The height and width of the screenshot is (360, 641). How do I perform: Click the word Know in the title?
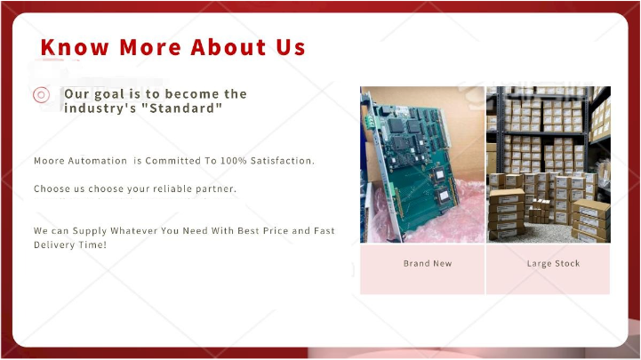[75, 47]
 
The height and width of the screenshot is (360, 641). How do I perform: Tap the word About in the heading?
[228, 47]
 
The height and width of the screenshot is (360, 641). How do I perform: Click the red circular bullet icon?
[41, 95]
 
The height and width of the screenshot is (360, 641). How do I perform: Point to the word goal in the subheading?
[109, 94]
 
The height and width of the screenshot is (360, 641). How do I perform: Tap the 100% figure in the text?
[234, 161]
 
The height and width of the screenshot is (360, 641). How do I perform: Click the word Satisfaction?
[283, 161]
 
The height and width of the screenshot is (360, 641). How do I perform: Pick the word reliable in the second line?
[173, 188]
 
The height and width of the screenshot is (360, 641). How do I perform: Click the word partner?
[216, 189]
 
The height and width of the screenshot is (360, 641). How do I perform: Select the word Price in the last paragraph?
[276, 230]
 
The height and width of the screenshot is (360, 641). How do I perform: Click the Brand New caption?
[428, 264]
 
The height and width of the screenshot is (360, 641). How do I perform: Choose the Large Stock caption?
[553, 264]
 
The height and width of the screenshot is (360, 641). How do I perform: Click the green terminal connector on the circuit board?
[370, 122]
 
